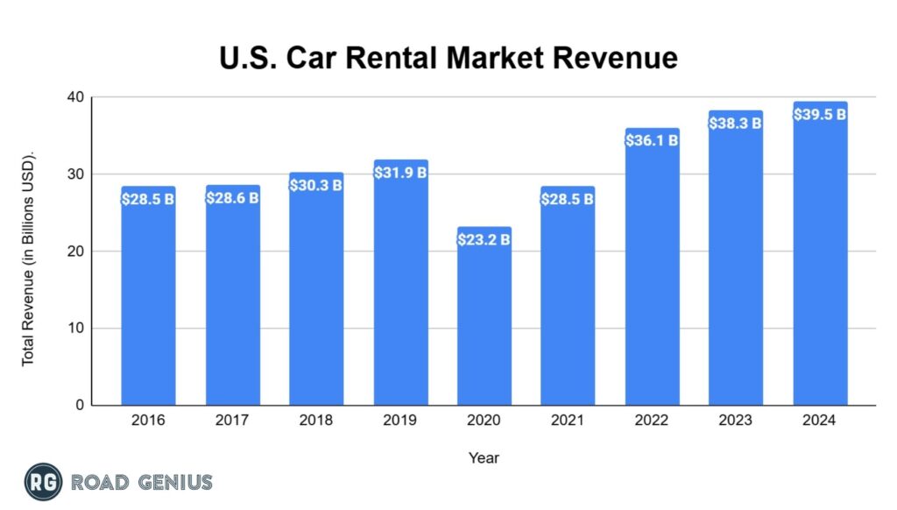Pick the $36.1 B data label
click(x=652, y=140)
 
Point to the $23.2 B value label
click(x=484, y=239)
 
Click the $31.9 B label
click(x=400, y=172)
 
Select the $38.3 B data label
click(x=736, y=124)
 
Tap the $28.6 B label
click(x=232, y=197)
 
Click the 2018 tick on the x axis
click(x=315, y=421)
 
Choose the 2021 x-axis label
click(x=568, y=421)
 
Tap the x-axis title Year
click(x=484, y=457)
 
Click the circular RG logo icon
click(x=43, y=481)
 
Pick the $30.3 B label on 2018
click(x=315, y=185)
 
